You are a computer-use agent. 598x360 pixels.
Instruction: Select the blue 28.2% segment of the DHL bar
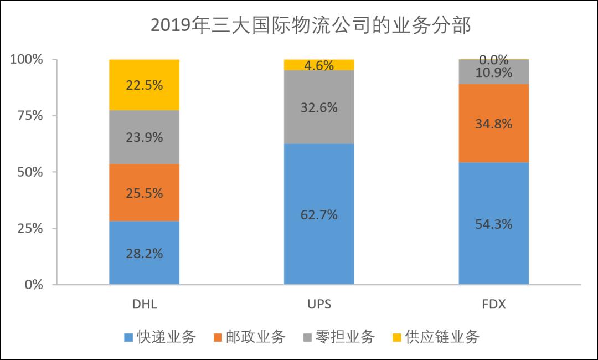coord(144,253)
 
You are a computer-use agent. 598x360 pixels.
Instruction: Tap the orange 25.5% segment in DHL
coord(144,193)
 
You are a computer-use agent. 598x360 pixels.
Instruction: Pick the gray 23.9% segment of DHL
coord(144,137)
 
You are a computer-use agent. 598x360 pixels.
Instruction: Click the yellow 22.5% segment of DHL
coord(144,85)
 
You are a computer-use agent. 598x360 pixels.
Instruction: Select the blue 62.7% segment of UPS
coord(319,214)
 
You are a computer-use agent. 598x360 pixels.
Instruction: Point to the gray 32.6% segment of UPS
coord(319,107)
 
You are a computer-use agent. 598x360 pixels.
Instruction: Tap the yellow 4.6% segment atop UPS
coord(319,65)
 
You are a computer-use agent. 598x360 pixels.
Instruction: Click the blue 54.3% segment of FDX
coord(494,224)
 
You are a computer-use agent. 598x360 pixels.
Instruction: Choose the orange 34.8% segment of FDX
coord(494,123)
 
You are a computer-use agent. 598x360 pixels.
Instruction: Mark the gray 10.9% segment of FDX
coord(494,72)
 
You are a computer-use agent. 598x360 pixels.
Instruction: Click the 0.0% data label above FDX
coord(494,60)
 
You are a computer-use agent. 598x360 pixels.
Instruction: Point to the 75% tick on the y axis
coord(28,116)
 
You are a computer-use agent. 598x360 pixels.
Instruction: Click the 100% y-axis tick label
coord(26,59)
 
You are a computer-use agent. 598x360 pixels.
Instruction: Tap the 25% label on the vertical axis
coord(28,228)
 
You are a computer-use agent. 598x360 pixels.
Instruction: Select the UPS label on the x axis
coord(319,304)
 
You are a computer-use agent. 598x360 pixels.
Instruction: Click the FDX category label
coord(494,304)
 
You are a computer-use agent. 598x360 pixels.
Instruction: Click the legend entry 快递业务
coord(161,336)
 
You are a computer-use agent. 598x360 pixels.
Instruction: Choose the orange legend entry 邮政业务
coord(249,336)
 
